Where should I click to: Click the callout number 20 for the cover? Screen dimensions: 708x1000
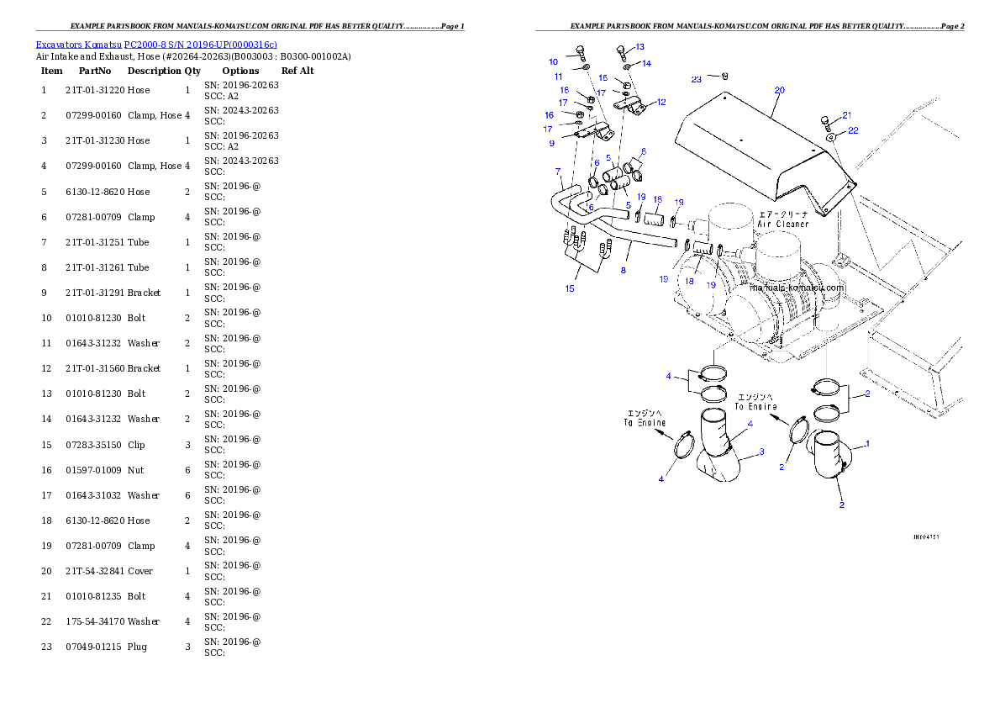779,90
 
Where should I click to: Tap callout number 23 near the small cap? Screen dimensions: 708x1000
697,79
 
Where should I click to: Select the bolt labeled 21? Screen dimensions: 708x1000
830,121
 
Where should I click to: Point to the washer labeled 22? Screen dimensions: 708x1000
829,135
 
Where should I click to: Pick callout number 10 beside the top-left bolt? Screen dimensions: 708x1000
553,62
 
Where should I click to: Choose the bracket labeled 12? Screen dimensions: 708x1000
633,106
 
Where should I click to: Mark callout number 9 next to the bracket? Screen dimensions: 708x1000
552,144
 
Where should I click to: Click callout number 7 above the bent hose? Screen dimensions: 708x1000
558,172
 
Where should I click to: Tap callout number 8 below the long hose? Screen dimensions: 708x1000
623,271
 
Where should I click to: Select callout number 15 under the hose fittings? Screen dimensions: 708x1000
570,288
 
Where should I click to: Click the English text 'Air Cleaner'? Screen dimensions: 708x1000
783,225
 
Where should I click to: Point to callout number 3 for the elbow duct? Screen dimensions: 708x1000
761,452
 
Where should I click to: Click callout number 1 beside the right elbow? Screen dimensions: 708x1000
867,443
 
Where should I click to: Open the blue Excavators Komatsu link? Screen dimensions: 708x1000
156,45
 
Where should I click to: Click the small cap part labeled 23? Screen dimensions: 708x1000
724,76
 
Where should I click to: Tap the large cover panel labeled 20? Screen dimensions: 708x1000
756,143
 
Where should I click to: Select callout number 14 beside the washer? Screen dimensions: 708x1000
646,63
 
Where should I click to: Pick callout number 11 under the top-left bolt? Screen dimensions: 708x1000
558,77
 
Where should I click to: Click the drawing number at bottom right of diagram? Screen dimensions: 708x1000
925,536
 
